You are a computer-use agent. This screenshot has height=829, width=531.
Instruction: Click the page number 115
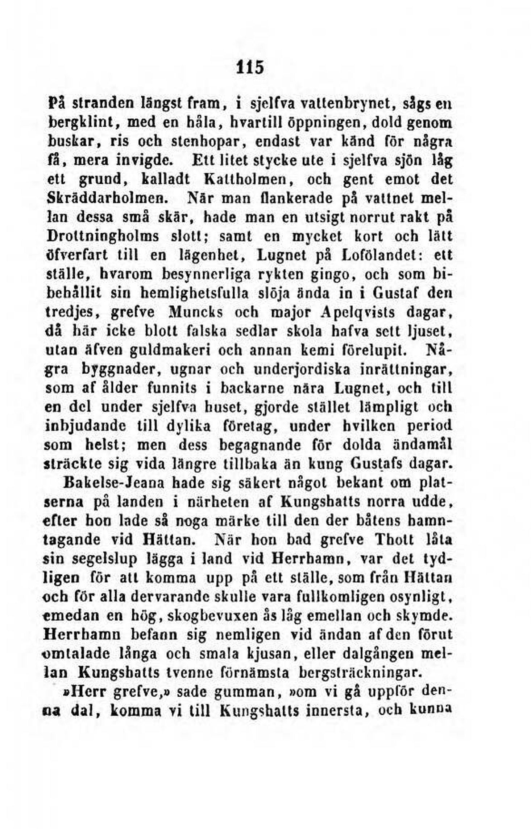click(x=250, y=67)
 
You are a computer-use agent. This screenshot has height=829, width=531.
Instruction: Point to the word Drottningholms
click(x=103, y=236)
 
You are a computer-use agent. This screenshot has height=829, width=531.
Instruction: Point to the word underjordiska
click(x=302, y=369)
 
